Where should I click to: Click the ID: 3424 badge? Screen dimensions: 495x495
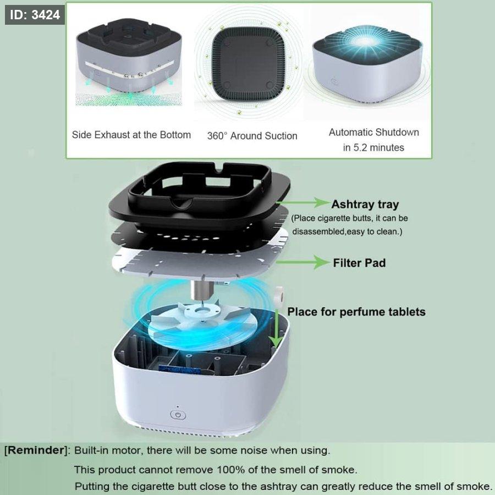pos(35,15)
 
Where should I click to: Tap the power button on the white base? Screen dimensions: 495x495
pos(178,415)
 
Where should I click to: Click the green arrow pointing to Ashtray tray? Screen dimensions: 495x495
pos(303,202)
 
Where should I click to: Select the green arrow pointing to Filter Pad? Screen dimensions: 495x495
pos(303,262)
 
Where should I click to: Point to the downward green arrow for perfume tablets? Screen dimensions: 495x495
pos(276,328)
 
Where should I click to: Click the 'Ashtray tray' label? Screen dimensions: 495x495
pos(365,204)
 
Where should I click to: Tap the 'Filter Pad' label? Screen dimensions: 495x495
pos(359,263)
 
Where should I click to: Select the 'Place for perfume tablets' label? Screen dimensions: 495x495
pos(356,312)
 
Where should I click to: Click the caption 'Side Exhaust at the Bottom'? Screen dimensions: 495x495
pos(131,135)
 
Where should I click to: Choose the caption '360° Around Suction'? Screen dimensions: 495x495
pos(252,136)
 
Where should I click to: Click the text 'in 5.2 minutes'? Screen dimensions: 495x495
pos(373,147)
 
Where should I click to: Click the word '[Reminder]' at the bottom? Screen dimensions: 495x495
pos(36,450)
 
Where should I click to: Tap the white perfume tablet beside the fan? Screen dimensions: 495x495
pos(279,296)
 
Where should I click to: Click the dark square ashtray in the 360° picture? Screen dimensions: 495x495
pos(248,63)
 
